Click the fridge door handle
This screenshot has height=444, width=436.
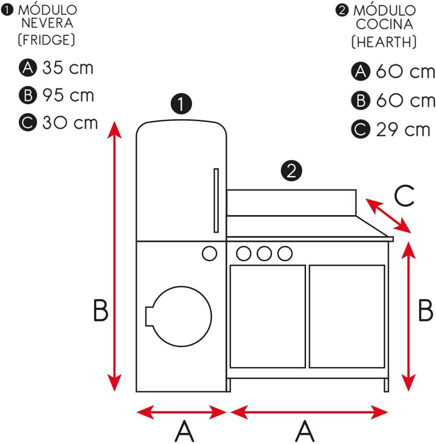[216, 200]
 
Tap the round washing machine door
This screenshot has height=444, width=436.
[180, 316]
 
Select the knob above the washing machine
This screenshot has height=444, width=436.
[209, 253]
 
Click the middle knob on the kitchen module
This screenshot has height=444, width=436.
[264, 253]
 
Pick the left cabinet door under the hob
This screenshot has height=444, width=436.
[267, 316]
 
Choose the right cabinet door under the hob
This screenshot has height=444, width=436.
[347, 316]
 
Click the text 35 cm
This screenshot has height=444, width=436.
[67, 68]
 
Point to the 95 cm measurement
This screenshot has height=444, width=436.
[68, 95]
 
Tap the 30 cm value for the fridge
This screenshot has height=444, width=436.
[70, 123]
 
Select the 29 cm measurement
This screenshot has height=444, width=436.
[403, 129]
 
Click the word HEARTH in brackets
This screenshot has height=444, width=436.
[384, 42]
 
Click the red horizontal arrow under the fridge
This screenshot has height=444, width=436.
[181, 412]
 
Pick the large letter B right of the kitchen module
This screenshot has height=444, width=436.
[425, 311]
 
